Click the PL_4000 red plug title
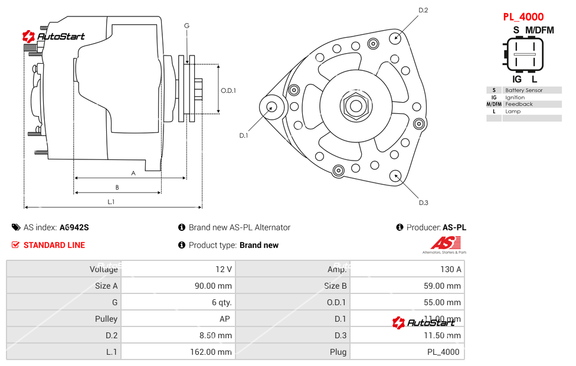click(523, 17)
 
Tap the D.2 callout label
click(423, 10)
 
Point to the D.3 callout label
click(423, 202)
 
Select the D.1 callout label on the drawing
click(243, 135)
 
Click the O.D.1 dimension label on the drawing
click(228, 90)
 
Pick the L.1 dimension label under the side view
click(111, 202)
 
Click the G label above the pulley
click(186, 25)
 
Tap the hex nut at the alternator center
click(355, 106)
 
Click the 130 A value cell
click(451, 269)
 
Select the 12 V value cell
click(224, 269)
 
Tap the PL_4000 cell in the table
click(443, 352)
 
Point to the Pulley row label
click(106, 319)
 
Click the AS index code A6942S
click(74, 227)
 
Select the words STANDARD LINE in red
click(54, 245)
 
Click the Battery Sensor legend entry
click(524, 90)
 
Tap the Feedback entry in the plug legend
click(519, 104)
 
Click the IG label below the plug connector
click(517, 79)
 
